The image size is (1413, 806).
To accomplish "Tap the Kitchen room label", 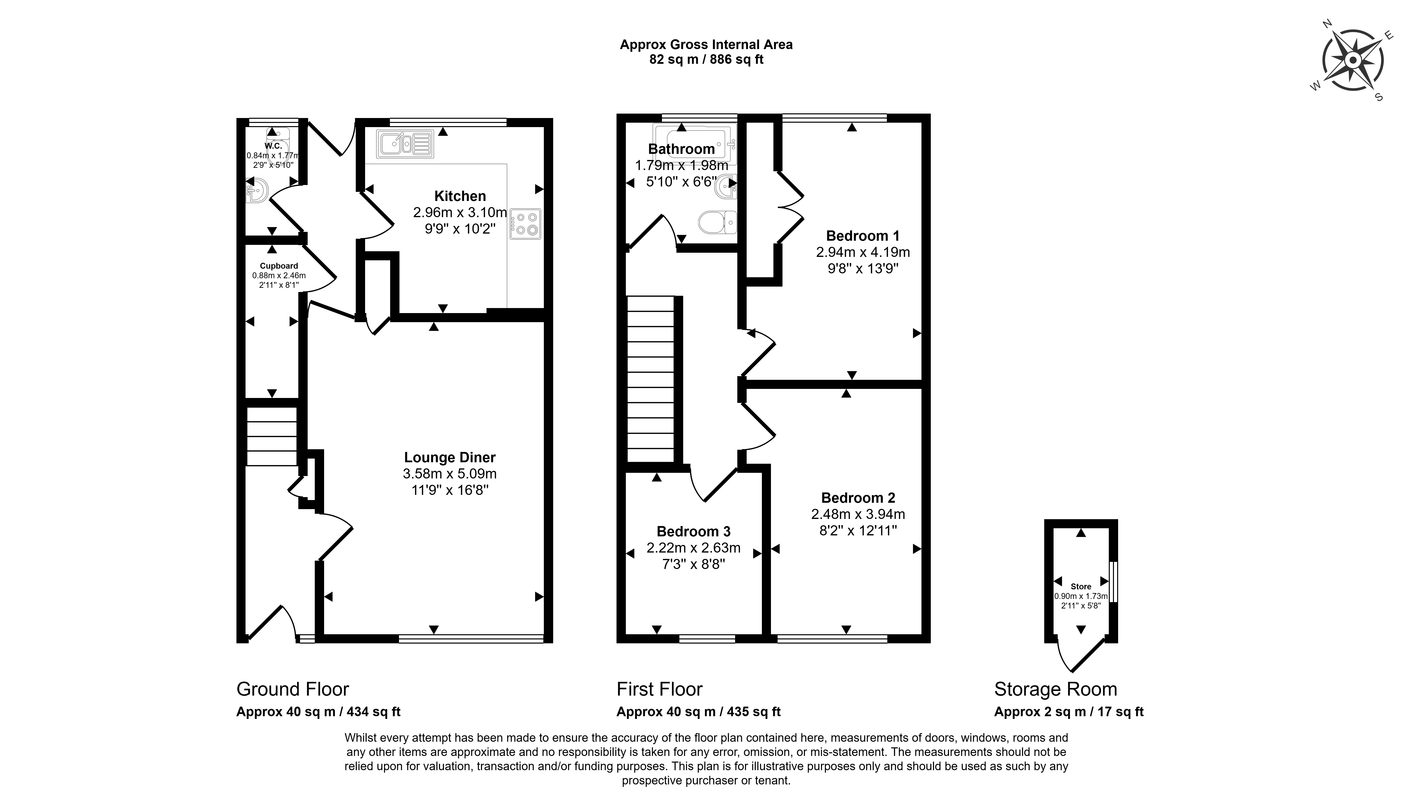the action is tap(460, 196).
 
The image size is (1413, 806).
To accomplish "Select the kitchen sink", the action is tap(405, 143).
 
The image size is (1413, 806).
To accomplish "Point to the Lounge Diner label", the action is tap(450, 457).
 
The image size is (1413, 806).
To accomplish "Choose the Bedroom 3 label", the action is tap(693, 531).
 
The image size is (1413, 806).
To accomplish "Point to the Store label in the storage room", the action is tap(1081, 586).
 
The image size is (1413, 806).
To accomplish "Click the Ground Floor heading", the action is tap(292, 689).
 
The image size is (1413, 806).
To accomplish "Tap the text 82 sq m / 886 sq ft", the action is tap(706, 59).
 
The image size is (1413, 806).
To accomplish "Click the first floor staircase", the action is tap(651, 379).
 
